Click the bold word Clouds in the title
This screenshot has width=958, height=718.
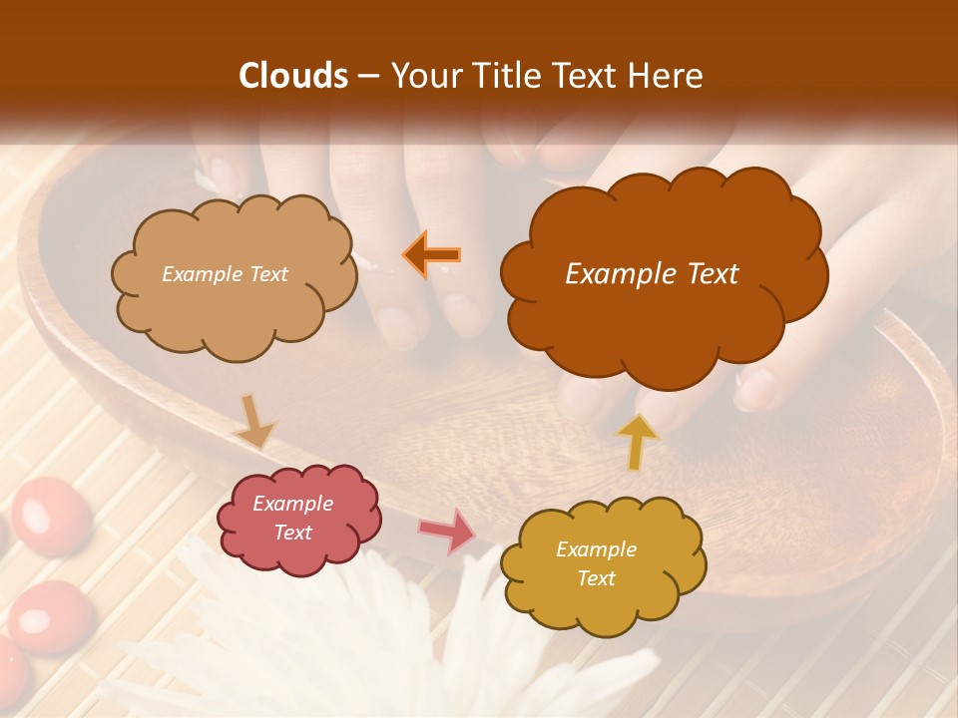pyautogui.click(x=293, y=76)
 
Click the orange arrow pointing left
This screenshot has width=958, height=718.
pyautogui.click(x=431, y=254)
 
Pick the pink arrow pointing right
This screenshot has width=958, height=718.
pyautogui.click(x=447, y=531)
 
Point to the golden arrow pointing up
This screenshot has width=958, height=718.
pyautogui.click(x=637, y=442)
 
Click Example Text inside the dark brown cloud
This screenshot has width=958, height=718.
pyautogui.click(x=652, y=274)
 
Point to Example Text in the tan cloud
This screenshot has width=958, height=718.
pyautogui.click(x=225, y=274)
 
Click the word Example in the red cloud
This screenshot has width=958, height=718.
pyautogui.click(x=292, y=504)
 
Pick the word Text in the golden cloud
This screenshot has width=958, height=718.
pyautogui.click(x=596, y=578)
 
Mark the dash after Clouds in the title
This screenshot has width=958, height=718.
pyautogui.click(x=367, y=76)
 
